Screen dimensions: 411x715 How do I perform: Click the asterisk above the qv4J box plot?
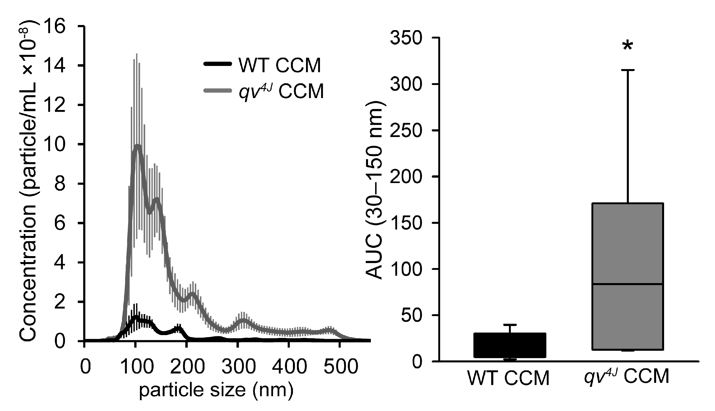628,46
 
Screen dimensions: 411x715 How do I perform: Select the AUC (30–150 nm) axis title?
375,190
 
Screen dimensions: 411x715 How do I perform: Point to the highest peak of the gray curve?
138,146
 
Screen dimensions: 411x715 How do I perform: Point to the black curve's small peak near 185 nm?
178,329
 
